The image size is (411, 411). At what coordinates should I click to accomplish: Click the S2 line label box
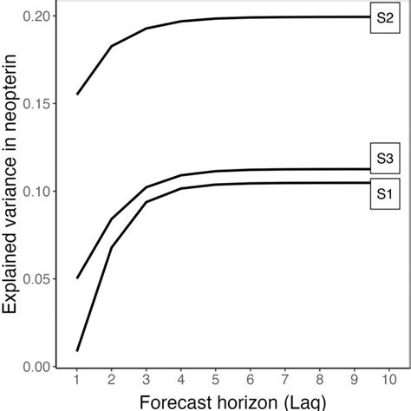pyautogui.click(x=383, y=17)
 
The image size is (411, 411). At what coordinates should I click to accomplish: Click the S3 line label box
pyautogui.click(x=383, y=158)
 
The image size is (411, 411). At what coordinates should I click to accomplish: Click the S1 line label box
pyautogui.click(x=383, y=194)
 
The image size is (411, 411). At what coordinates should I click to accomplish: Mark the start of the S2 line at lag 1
pyautogui.click(x=76, y=95)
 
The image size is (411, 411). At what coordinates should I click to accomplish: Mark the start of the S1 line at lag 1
pyautogui.click(x=76, y=351)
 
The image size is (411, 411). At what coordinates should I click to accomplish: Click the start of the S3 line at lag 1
pyautogui.click(x=76, y=278)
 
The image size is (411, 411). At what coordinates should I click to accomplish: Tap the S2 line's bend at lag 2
pyautogui.click(x=111, y=46)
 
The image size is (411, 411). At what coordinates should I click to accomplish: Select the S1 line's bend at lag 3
pyautogui.click(x=147, y=202)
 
